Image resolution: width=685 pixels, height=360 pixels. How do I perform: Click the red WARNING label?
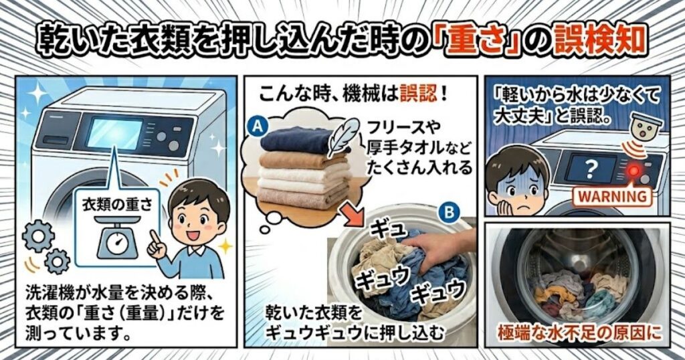[x=609, y=197]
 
